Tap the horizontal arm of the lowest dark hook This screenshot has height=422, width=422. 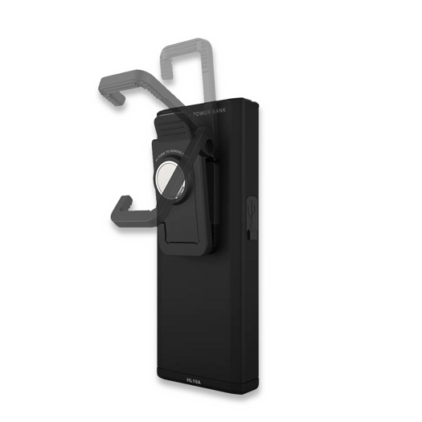(133, 215)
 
